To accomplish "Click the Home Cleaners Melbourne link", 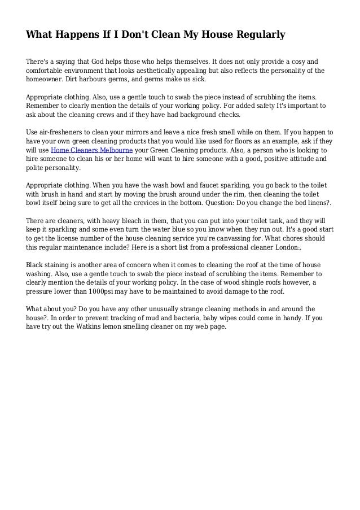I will pyautogui.click(x=91, y=151).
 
